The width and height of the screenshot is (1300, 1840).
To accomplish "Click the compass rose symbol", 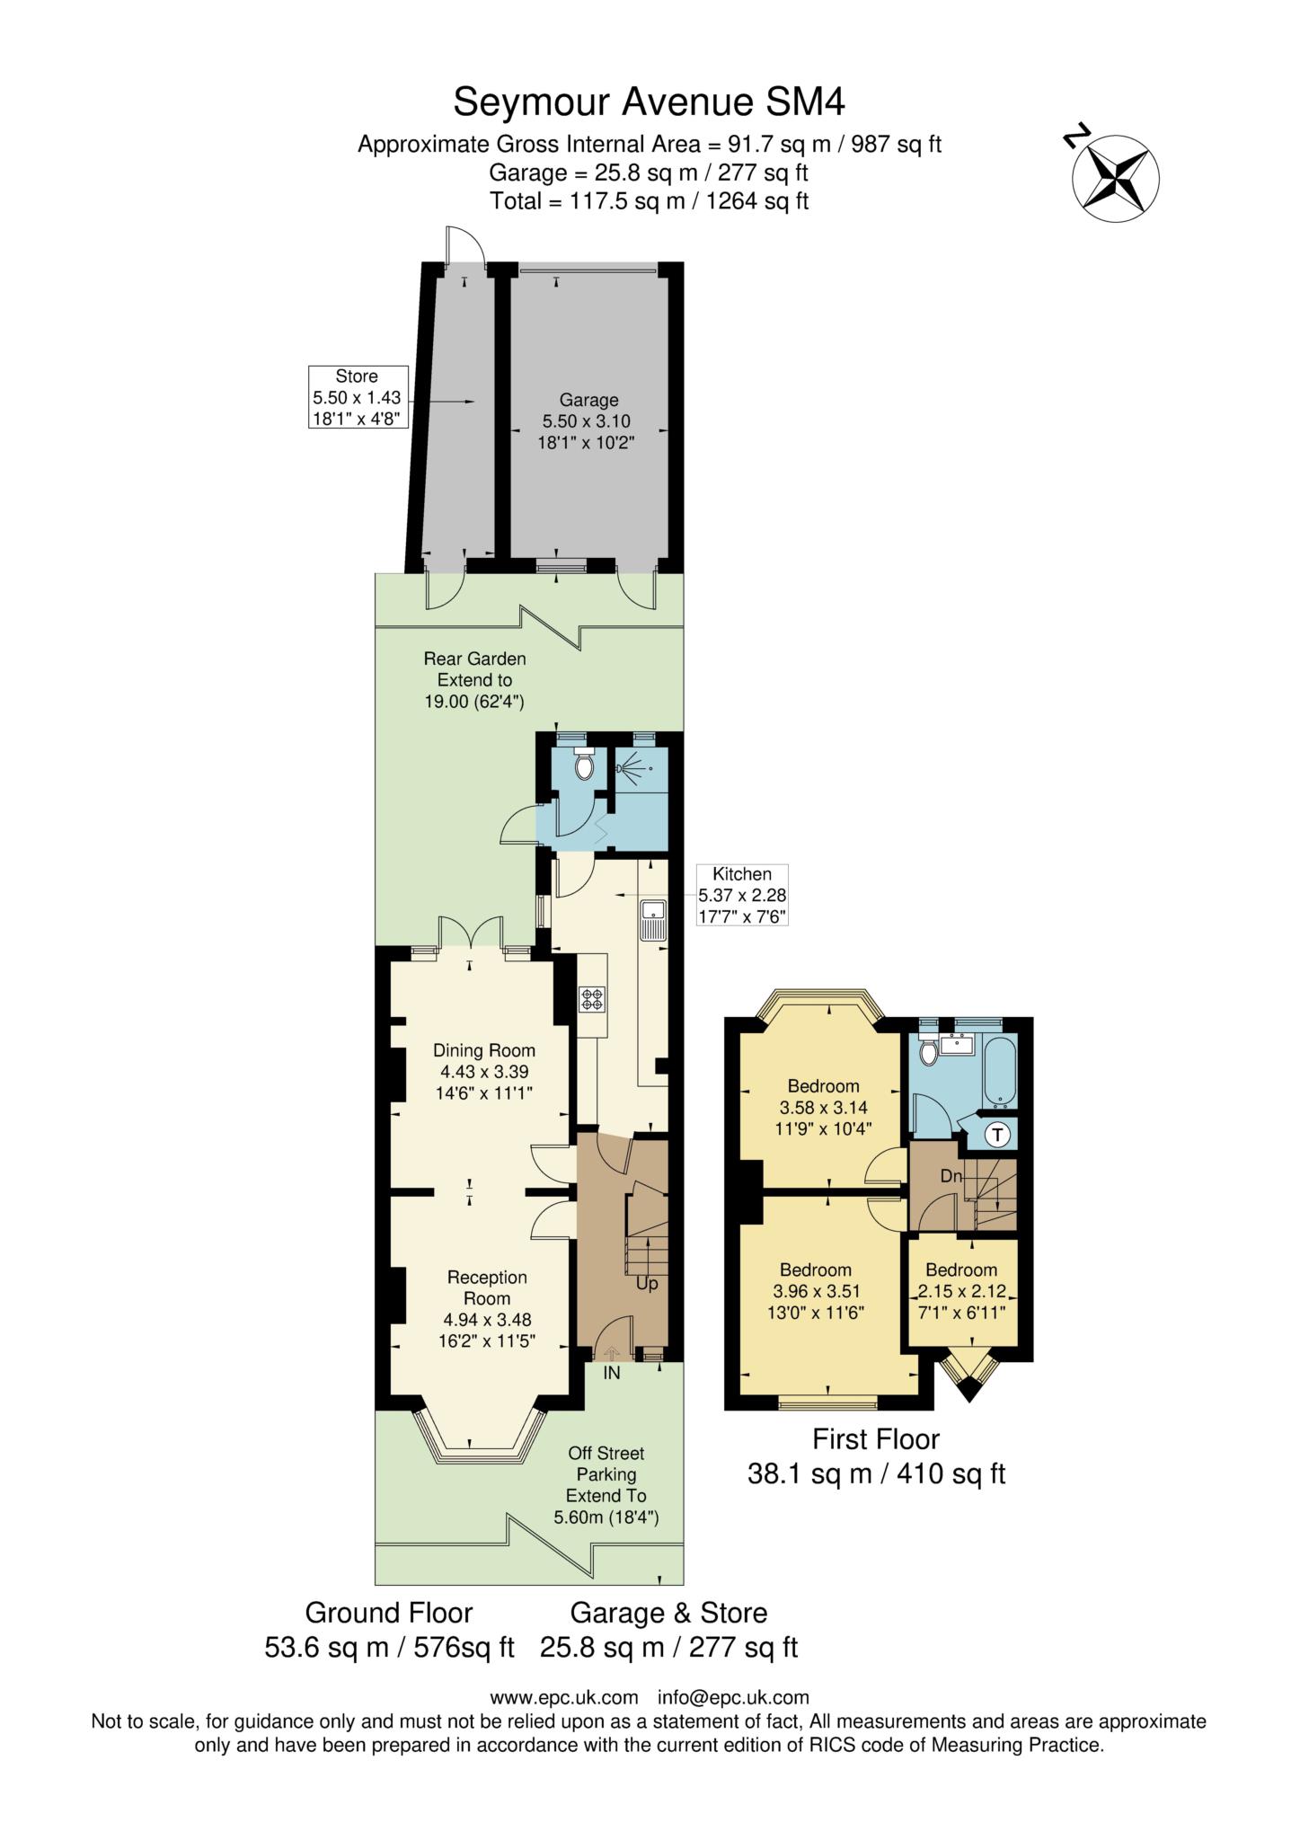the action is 1116,177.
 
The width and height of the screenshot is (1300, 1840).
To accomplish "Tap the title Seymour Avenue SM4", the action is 649,102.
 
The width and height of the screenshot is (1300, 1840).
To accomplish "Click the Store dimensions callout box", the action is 357,397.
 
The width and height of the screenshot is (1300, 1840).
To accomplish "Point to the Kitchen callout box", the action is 742,895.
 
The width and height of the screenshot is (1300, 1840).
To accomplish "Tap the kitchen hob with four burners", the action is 592,998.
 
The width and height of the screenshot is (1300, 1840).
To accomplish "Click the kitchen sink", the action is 652,918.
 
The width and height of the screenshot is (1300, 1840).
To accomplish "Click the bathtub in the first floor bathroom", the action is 1000,1072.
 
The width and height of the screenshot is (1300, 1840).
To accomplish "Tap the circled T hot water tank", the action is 997,1135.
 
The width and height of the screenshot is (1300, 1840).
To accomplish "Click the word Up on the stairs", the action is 647,1284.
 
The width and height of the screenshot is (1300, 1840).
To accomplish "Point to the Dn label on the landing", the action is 951,1175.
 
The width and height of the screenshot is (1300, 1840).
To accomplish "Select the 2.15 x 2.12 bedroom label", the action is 961,1290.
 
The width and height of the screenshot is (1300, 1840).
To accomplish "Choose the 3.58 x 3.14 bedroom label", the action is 823,1107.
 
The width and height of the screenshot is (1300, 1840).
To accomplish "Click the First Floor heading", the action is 876,1438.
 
